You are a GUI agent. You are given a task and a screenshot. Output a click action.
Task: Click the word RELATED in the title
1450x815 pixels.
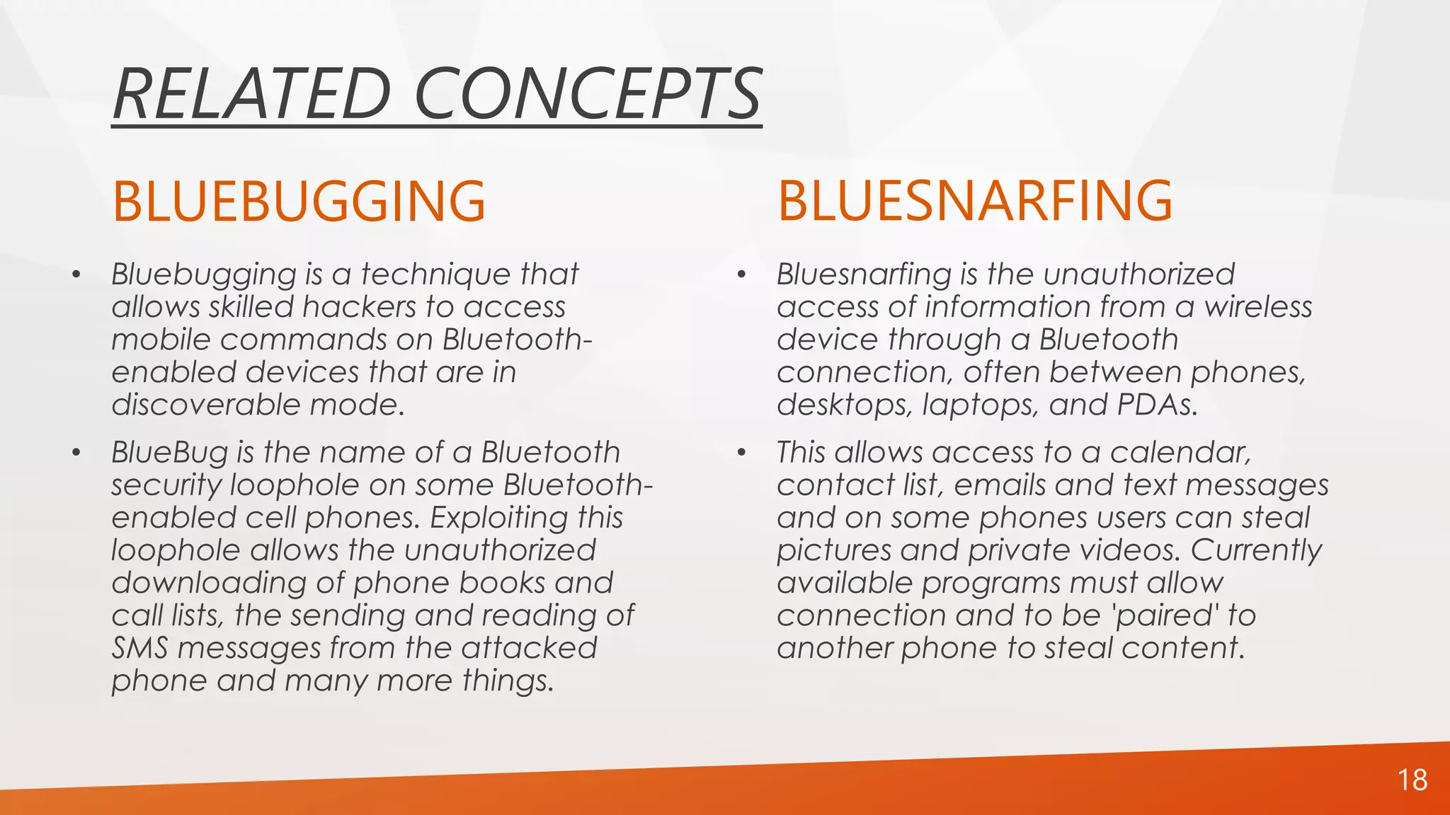(x=251, y=94)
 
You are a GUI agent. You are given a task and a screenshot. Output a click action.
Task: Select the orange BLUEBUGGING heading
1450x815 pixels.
(x=299, y=202)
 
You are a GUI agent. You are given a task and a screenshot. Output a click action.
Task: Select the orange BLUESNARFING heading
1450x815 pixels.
(x=975, y=202)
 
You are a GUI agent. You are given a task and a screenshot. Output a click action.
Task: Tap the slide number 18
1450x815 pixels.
(x=1412, y=780)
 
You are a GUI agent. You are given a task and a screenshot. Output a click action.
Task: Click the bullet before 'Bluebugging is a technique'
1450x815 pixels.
(x=76, y=274)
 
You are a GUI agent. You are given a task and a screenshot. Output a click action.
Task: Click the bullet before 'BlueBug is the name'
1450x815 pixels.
(x=76, y=453)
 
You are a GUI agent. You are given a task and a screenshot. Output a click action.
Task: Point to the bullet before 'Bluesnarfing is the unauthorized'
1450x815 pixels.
(x=741, y=274)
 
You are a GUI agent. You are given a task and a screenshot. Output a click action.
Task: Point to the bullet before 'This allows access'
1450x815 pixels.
(x=741, y=453)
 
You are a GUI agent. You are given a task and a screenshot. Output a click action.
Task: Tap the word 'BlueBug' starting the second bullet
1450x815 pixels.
(x=170, y=453)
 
